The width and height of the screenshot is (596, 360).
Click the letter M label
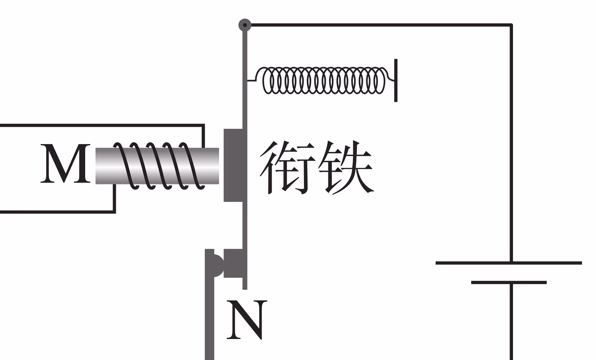pos(65,164)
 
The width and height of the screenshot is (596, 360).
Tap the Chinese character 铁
pos(345,167)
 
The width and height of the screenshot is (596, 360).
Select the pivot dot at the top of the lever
pos(245,25)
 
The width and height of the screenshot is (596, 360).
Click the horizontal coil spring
pos(322,80)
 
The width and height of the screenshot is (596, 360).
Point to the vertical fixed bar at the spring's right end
pos(396,80)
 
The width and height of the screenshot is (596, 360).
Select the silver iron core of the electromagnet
pos(157,166)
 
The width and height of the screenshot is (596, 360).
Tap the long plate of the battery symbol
pos(509,263)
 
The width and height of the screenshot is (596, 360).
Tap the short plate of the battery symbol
pos(509,282)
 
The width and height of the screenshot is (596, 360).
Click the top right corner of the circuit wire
pos(511,25)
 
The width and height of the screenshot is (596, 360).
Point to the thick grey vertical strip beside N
pos(209,319)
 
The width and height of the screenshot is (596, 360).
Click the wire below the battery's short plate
pos(511,322)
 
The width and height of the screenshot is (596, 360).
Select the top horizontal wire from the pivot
pos(377,25)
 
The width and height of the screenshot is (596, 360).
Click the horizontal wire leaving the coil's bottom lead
pos(58,211)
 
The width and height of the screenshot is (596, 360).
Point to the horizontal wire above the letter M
pos(100,125)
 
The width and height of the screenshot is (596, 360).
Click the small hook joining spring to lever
pos(252,80)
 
